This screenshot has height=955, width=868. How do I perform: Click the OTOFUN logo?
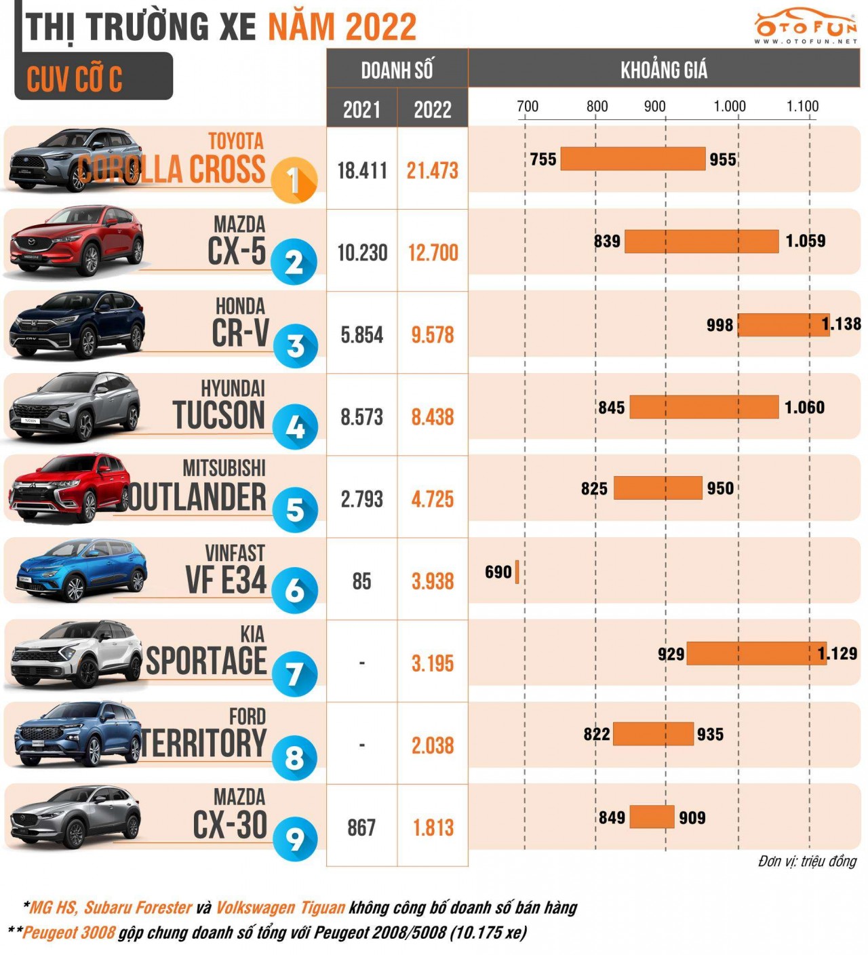(806, 27)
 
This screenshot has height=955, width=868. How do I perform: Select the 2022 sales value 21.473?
(432, 171)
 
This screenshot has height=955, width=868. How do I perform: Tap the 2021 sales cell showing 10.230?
(362, 253)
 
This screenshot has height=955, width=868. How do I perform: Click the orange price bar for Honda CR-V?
(783, 325)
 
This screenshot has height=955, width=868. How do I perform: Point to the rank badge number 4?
(295, 427)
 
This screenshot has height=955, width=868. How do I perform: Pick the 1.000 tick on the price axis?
(730, 106)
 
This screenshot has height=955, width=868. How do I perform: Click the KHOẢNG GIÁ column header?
(663, 69)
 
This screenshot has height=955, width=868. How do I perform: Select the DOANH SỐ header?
(397, 70)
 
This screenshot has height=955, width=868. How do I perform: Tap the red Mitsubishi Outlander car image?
(68, 488)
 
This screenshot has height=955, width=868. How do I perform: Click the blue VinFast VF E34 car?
(80, 570)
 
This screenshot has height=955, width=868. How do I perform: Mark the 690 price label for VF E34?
(498, 572)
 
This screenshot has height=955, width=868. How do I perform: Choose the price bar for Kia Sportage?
(755, 653)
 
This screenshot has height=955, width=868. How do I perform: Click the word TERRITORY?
(204, 743)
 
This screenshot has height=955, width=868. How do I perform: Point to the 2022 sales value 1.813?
(433, 827)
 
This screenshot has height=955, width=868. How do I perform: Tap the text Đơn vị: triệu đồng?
(807, 861)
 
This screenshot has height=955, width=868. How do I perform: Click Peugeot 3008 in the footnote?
(68, 933)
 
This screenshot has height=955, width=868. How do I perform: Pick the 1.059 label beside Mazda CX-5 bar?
(805, 241)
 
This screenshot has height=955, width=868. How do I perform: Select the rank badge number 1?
(294, 180)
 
